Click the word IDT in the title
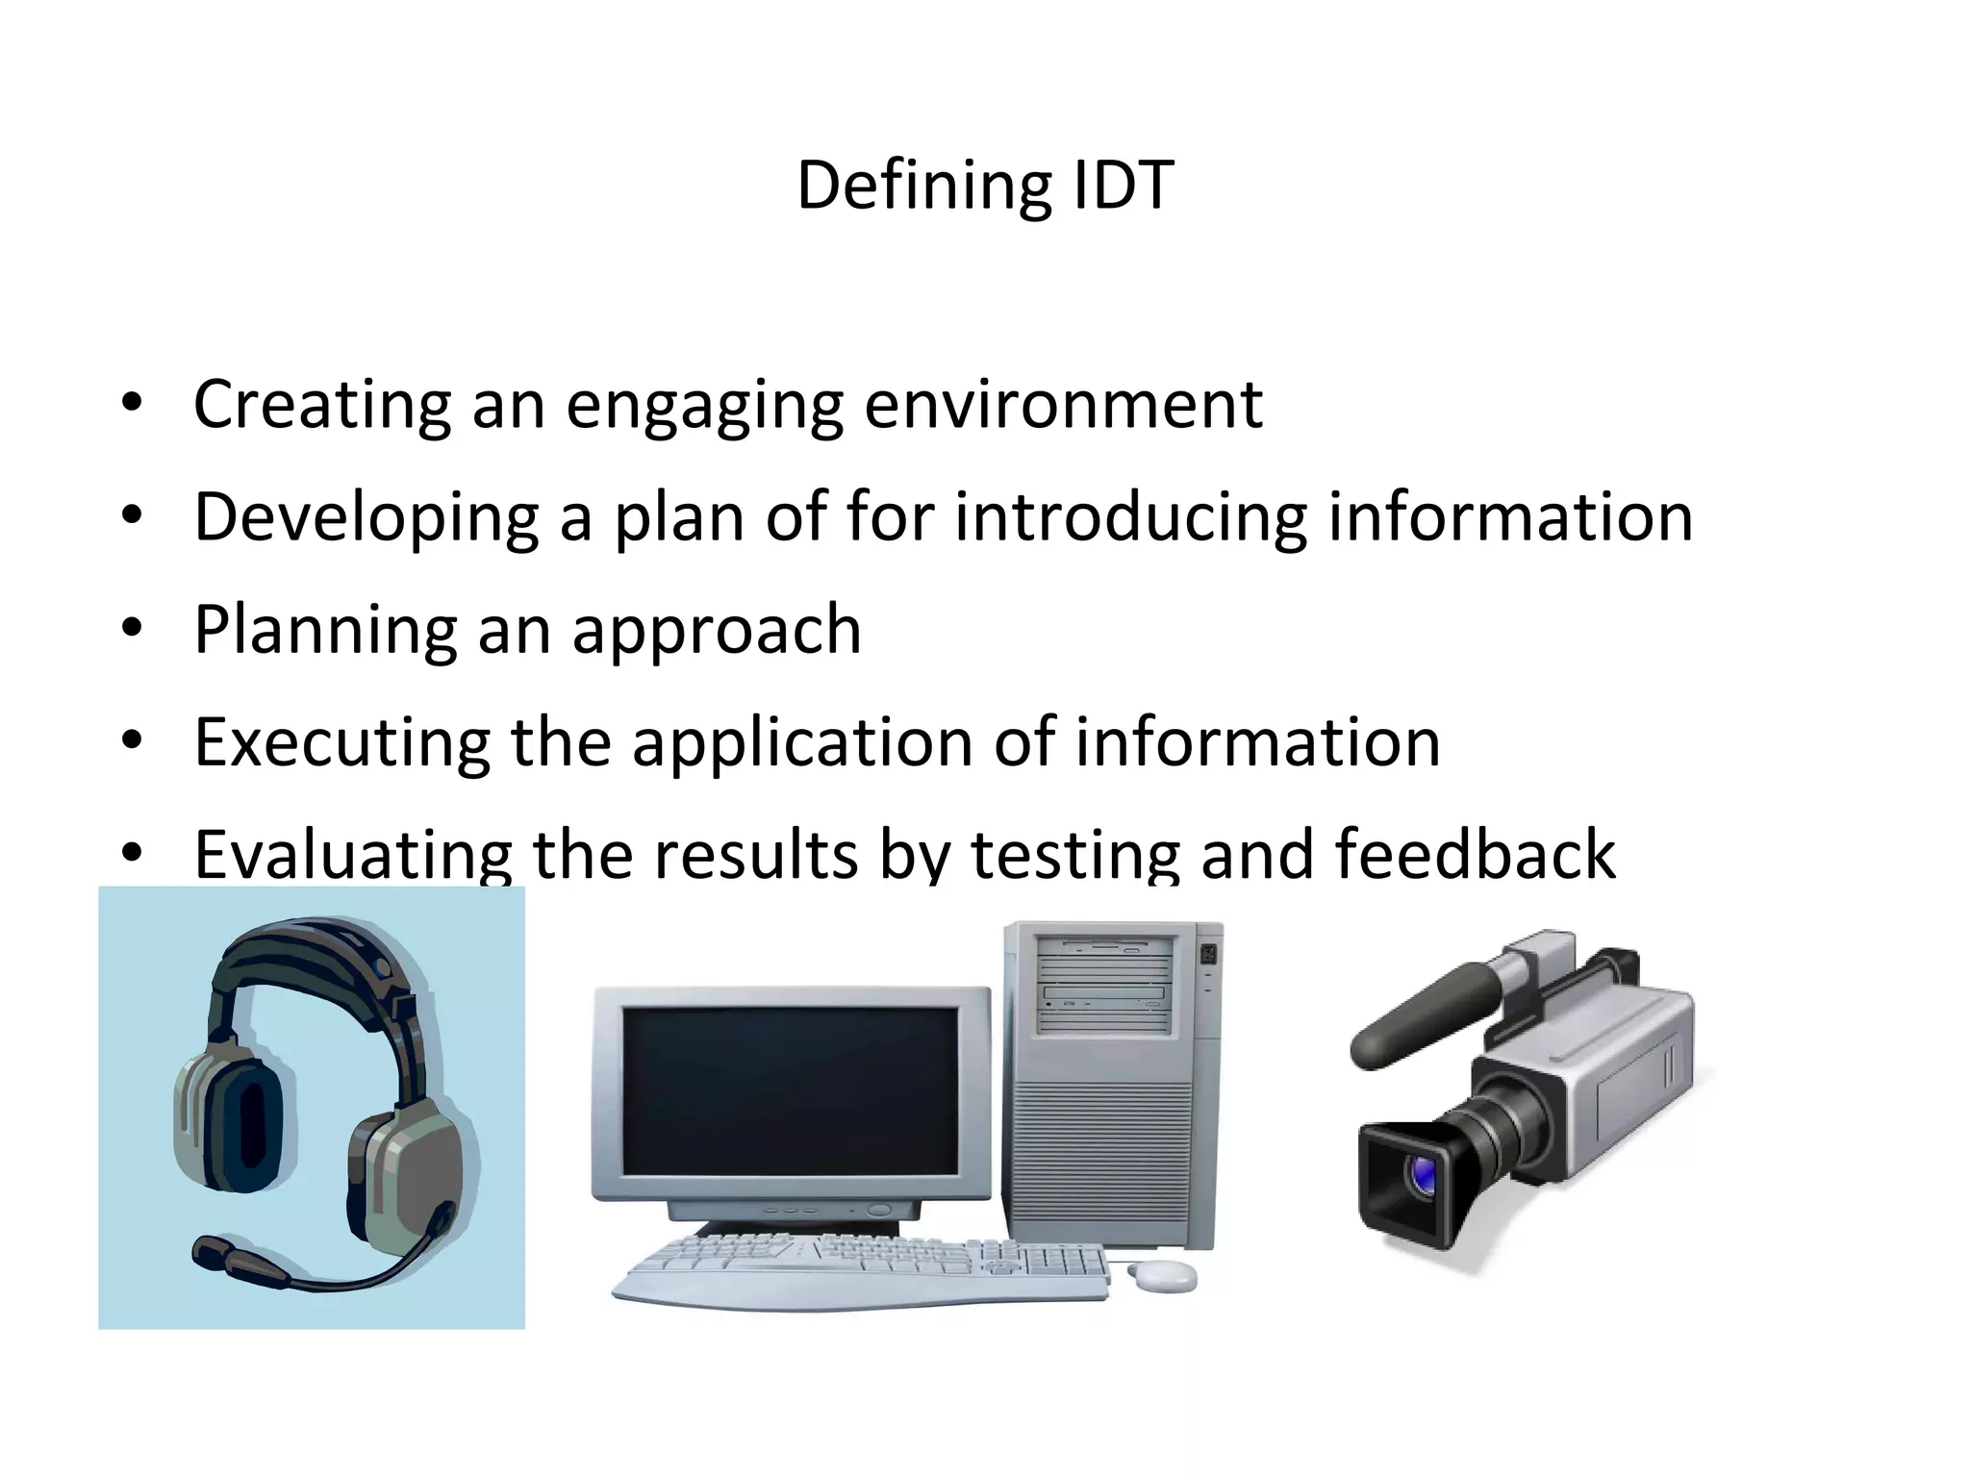[x=1122, y=185]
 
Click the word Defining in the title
[x=924, y=185]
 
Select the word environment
[x=1063, y=404]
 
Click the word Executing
[x=341, y=742]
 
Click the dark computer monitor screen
[x=791, y=1091]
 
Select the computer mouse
[x=1161, y=1276]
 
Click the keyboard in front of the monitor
[x=861, y=1264]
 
